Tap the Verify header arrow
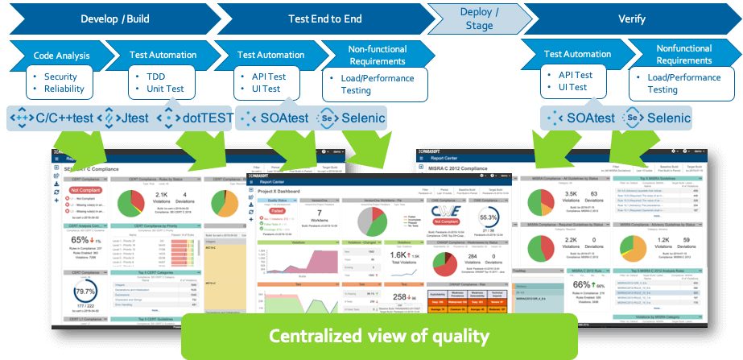(x=631, y=18)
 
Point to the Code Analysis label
(x=60, y=56)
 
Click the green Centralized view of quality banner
(x=378, y=335)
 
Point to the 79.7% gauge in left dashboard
(x=86, y=292)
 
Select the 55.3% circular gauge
(x=486, y=217)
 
